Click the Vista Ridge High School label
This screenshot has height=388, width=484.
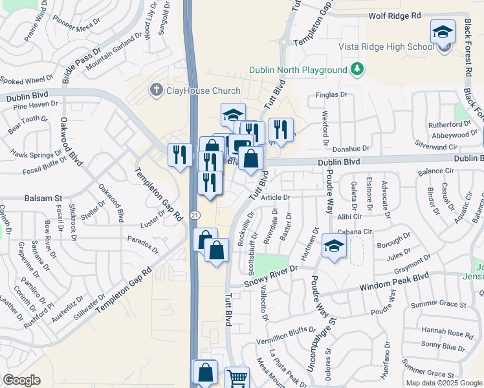click(x=386, y=47)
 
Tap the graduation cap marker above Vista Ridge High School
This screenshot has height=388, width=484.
click(x=443, y=32)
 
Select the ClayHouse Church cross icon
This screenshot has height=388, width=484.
click(x=156, y=90)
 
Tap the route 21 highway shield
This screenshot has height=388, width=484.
click(x=194, y=214)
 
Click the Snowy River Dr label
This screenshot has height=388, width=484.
click(x=270, y=276)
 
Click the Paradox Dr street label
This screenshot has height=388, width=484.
click(x=143, y=244)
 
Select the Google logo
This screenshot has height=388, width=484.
click(x=21, y=380)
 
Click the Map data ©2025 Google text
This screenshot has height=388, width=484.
click(x=444, y=383)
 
